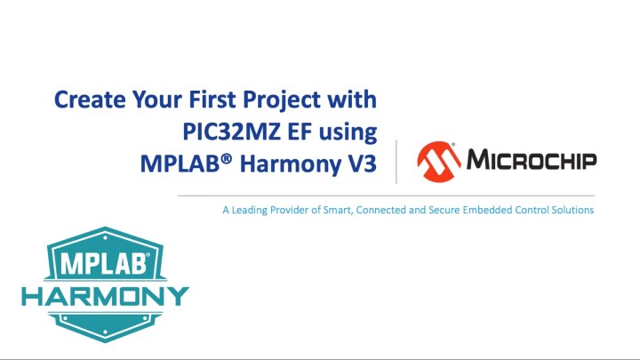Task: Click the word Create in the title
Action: [x=90, y=100]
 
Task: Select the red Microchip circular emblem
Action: [x=439, y=162]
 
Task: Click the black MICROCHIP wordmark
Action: [x=532, y=159]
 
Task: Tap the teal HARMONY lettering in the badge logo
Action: [x=105, y=296]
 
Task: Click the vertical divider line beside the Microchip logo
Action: [x=396, y=162]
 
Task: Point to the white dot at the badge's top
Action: [x=105, y=237]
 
